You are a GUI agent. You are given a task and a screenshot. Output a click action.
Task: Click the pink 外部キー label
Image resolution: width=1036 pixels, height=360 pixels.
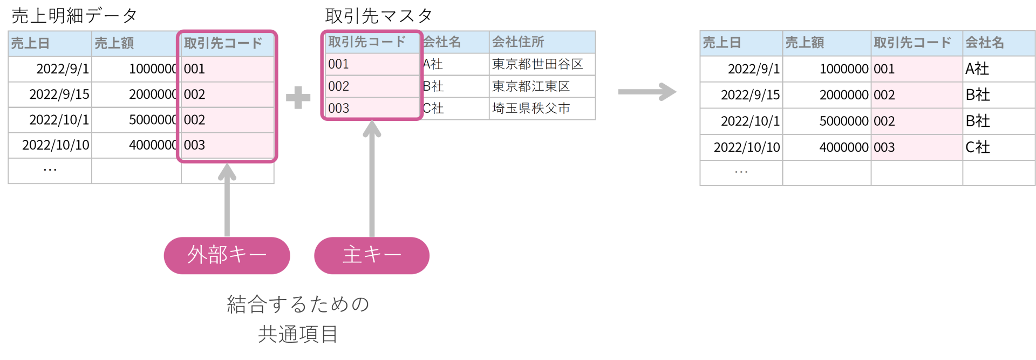[227, 255]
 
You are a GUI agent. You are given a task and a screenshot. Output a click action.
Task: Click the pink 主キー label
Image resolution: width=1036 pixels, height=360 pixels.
[372, 255]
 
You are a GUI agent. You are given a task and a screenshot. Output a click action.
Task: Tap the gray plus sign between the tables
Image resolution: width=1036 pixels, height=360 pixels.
[298, 98]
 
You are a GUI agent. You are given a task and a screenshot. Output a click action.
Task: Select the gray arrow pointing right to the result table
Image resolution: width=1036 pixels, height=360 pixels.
[647, 91]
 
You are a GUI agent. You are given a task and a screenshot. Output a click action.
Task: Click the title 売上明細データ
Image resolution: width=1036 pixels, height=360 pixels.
[74, 16]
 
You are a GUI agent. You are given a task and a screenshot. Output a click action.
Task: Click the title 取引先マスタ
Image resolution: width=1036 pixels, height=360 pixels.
[378, 16]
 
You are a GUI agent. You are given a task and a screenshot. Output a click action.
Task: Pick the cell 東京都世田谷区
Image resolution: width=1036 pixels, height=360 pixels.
[537, 64]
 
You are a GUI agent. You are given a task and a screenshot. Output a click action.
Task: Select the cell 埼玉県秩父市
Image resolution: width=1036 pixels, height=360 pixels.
[531, 108]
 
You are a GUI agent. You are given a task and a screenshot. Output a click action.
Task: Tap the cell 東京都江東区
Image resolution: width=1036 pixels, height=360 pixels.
[531, 86]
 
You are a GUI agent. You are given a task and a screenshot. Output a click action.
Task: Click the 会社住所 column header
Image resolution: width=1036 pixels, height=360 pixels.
[518, 42]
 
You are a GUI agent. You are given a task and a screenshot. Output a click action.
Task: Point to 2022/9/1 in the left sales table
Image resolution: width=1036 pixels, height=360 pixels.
[62, 69]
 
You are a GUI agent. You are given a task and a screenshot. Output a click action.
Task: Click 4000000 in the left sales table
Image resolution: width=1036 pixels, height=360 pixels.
[153, 145]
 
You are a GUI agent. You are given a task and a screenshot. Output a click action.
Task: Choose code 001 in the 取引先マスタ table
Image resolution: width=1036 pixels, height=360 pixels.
[339, 64]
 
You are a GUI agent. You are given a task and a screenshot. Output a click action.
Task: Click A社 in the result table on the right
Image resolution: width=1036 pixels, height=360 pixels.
[977, 69]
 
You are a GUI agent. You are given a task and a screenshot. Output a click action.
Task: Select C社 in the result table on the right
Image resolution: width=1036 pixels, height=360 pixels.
[977, 147]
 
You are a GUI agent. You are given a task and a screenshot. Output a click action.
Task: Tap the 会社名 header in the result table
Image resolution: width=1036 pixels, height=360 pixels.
[984, 43]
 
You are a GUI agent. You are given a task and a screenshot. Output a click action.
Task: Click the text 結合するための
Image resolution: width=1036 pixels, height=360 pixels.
[298, 304]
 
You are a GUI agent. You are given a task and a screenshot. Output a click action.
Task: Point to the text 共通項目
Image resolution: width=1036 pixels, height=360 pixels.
[298, 335]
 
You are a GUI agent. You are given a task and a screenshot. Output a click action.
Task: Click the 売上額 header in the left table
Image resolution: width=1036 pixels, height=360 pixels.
[114, 43]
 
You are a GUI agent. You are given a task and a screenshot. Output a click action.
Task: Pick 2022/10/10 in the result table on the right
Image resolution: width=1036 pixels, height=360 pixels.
[746, 147]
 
